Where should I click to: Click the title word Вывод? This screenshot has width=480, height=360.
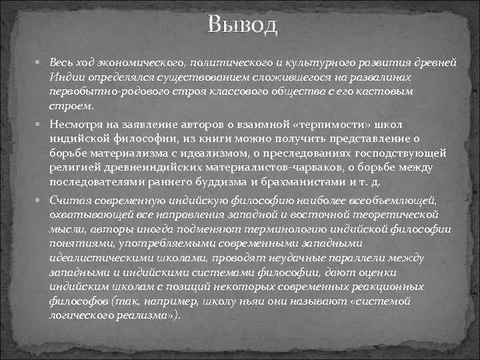click(x=241, y=27)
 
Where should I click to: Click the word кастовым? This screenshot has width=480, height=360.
click(x=381, y=91)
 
